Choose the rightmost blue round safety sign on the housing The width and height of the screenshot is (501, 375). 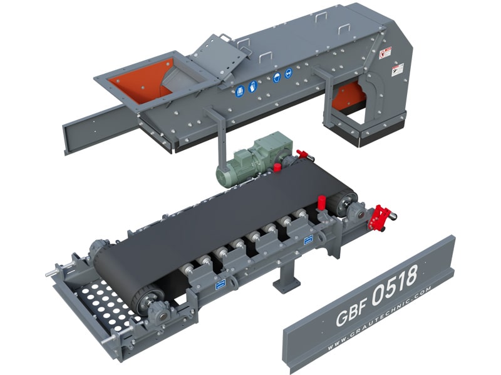289,72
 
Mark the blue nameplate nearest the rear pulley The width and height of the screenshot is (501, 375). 308,239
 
